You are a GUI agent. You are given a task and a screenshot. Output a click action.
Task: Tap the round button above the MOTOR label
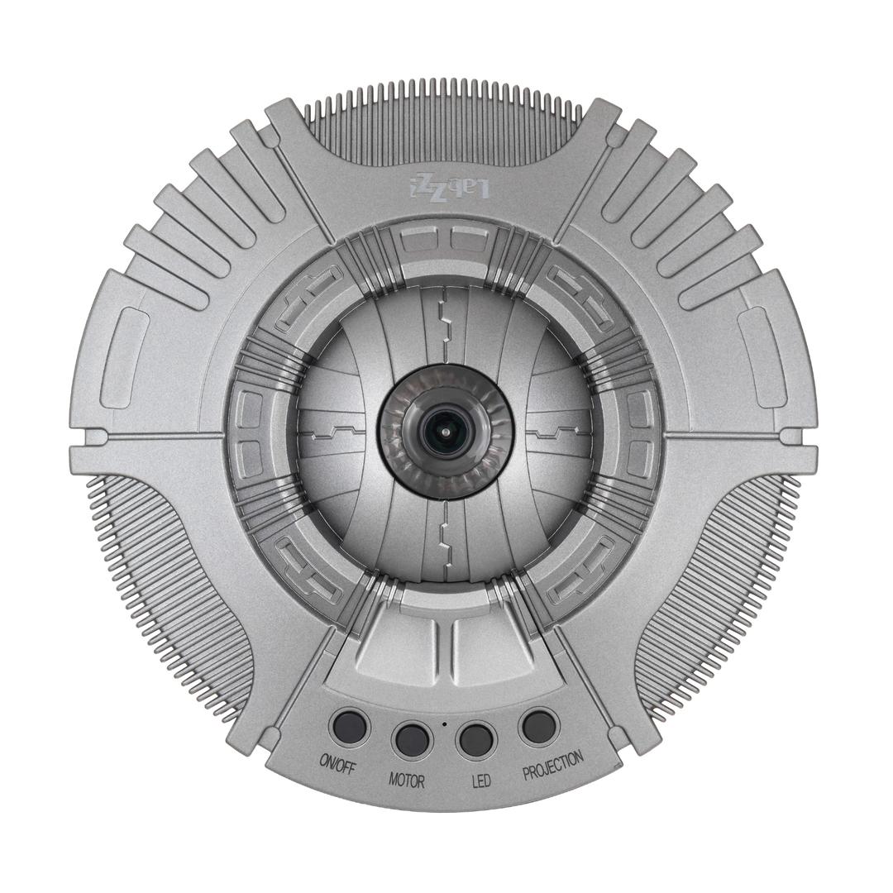(x=412, y=739)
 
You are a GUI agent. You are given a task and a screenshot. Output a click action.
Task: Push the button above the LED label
(x=475, y=738)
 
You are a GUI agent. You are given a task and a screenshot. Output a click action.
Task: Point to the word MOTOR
(x=407, y=779)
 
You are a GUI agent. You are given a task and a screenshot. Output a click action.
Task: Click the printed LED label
(x=481, y=779)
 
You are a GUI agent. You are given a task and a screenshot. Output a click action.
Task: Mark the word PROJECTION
(x=553, y=766)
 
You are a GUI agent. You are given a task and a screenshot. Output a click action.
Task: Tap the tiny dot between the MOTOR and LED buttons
(x=444, y=724)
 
